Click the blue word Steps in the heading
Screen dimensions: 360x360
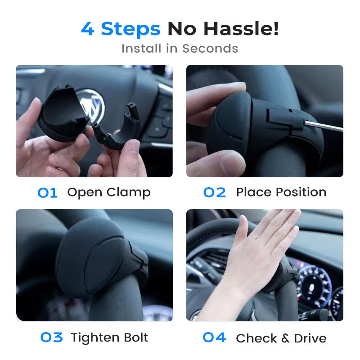(x=130, y=29)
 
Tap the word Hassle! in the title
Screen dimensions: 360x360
(x=241, y=29)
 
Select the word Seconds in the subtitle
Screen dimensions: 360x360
(x=210, y=49)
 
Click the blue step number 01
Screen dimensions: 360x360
(x=47, y=193)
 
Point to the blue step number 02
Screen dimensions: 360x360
(x=215, y=193)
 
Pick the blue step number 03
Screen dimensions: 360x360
(x=51, y=337)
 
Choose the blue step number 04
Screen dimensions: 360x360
(x=215, y=337)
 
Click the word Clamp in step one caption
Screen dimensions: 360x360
(x=129, y=193)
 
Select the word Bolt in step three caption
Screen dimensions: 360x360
(x=136, y=337)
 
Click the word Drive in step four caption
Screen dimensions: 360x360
(x=310, y=338)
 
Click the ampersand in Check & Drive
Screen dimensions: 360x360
(x=285, y=338)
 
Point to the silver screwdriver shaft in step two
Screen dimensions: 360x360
(x=324, y=126)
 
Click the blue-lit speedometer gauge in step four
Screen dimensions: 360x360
(x=314, y=287)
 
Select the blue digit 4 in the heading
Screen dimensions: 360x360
(x=88, y=29)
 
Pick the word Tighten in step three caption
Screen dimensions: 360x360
(x=95, y=338)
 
